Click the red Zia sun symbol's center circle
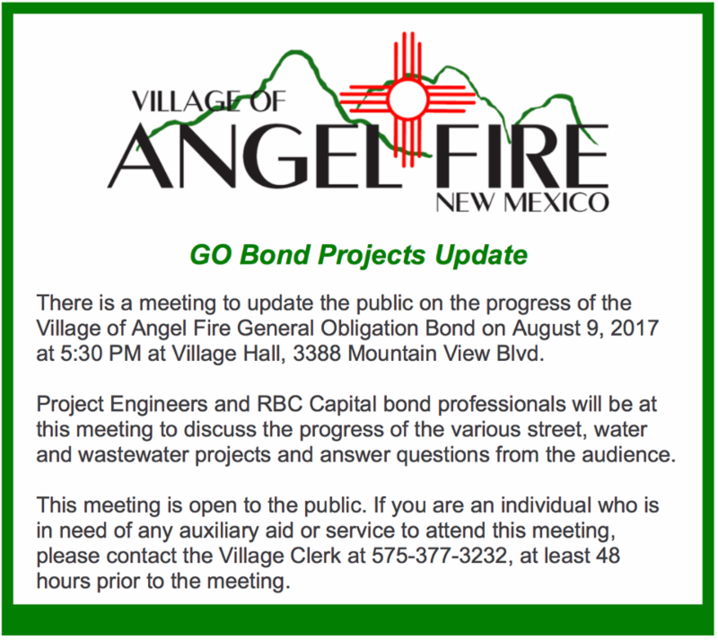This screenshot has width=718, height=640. point(407,99)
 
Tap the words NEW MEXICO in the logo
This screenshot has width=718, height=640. point(522,203)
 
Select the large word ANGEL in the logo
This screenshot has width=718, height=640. point(254,156)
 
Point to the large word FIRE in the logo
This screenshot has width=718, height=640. point(522,156)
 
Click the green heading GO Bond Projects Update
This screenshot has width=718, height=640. point(358,255)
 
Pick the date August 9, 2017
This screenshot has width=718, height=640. point(585,329)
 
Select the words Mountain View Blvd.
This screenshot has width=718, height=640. point(446,354)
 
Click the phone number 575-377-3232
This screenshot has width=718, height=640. point(439,556)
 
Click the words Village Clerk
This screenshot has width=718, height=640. point(279,556)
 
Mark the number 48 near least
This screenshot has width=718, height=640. point(608,556)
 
